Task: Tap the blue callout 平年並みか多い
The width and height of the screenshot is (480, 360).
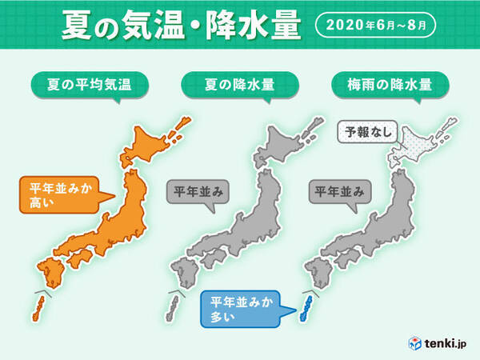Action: pyautogui.click(x=238, y=309)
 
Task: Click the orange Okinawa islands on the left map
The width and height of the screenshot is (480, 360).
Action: pyautogui.click(x=38, y=305)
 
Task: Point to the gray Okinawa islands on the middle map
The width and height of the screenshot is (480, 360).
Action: pyautogui.click(x=170, y=306)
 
